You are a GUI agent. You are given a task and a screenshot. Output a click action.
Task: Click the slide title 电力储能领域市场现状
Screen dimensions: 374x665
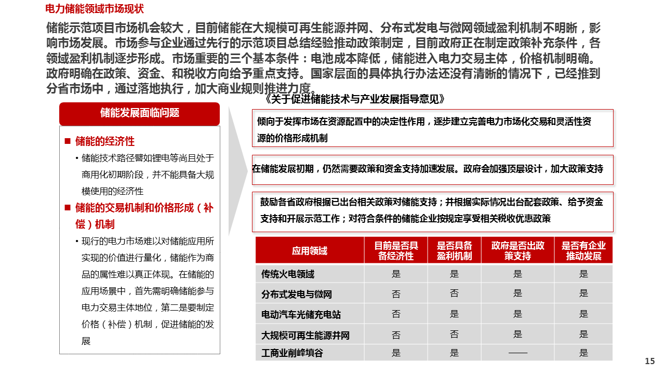[95, 9]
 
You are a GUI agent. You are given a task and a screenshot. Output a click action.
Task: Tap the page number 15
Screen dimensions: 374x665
[649, 362]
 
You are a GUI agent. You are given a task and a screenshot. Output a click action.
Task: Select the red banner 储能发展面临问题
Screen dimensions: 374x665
[139, 113]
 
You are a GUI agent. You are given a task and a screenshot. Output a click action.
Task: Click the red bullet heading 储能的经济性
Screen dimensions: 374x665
[104, 141]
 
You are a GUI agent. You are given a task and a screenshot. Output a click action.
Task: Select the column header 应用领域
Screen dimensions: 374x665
[310, 251]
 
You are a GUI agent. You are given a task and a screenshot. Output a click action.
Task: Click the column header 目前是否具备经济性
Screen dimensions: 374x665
[396, 251]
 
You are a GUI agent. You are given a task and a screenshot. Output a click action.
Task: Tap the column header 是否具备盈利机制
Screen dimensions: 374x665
[455, 251]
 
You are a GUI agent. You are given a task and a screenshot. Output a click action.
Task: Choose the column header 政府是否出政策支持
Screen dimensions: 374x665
[517, 251]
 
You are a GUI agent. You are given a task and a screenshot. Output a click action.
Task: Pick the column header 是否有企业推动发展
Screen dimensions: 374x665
[583, 251]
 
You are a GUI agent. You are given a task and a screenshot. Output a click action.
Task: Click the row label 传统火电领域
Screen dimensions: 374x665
[288, 274]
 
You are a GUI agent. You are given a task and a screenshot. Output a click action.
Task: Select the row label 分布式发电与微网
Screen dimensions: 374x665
[297, 295]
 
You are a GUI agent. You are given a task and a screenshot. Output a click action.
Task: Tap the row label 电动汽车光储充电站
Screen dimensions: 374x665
[301, 315]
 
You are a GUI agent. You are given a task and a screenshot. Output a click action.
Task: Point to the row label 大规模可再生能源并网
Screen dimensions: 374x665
[305, 336]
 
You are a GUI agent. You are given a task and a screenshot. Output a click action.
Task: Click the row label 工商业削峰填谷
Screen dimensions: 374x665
[292, 353]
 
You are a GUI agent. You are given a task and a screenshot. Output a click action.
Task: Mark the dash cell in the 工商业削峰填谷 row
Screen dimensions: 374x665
[517, 353]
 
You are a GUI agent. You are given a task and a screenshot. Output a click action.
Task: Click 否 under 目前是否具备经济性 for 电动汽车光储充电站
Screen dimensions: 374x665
[396, 314]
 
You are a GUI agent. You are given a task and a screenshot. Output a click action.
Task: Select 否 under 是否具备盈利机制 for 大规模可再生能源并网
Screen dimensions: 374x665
[455, 335]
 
